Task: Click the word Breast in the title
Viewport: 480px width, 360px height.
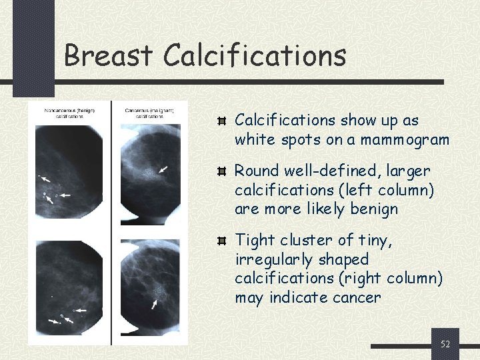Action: [x=108, y=55]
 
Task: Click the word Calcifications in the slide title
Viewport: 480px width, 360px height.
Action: [x=254, y=55]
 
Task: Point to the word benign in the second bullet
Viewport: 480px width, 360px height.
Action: [x=376, y=209]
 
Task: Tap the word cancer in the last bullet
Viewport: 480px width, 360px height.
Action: [x=357, y=297]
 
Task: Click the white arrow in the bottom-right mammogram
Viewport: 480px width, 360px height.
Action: [x=155, y=303]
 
